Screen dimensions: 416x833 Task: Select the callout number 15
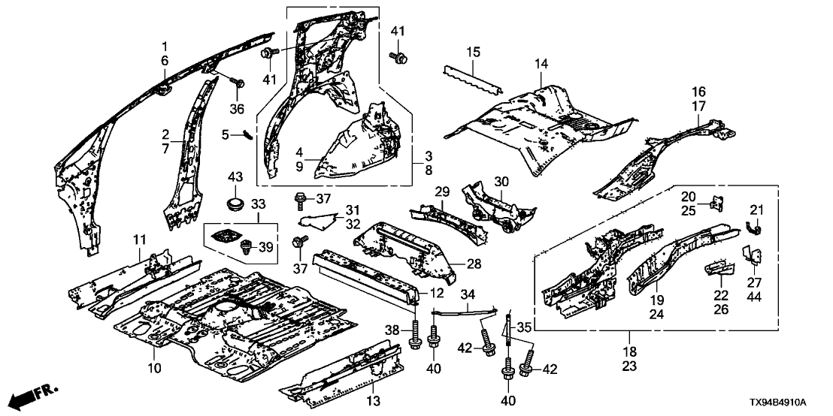pyautogui.click(x=473, y=53)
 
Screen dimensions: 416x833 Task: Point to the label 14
pyautogui.click(x=542, y=65)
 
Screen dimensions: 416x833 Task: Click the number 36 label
pyautogui.click(x=237, y=110)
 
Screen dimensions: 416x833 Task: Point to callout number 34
pyautogui.click(x=468, y=294)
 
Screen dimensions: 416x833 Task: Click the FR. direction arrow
pyautogui.click(x=30, y=394)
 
